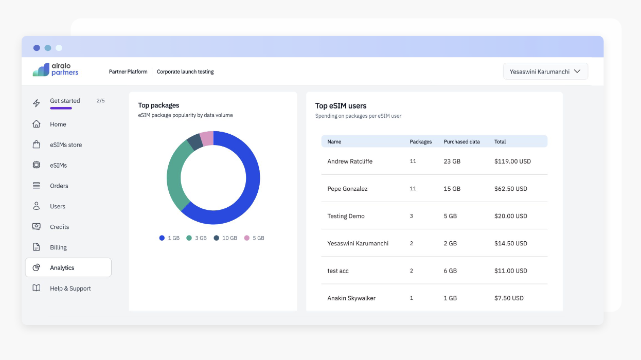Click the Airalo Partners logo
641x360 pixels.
[x=56, y=69]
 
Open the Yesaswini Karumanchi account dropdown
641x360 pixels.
[x=545, y=71]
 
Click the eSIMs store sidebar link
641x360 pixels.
[x=65, y=145]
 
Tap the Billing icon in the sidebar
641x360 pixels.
[x=37, y=247]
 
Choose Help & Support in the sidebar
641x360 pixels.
[x=70, y=289]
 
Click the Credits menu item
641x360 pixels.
[x=59, y=227]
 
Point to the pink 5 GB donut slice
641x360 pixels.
[x=207, y=138]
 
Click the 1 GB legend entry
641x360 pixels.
[x=169, y=238]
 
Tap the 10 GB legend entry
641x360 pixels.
[x=225, y=238]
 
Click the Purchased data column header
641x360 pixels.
[x=461, y=141]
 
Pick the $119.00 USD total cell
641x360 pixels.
[x=512, y=161]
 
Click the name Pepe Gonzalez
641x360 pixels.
[x=347, y=189]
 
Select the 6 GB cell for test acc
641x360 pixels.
[x=450, y=271]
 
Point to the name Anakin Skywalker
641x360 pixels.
[x=351, y=298]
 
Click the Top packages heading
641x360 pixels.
[x=158, y=105]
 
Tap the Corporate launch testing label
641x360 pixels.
[x=185, y=72]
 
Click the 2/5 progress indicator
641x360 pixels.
[x=100, y=101]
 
